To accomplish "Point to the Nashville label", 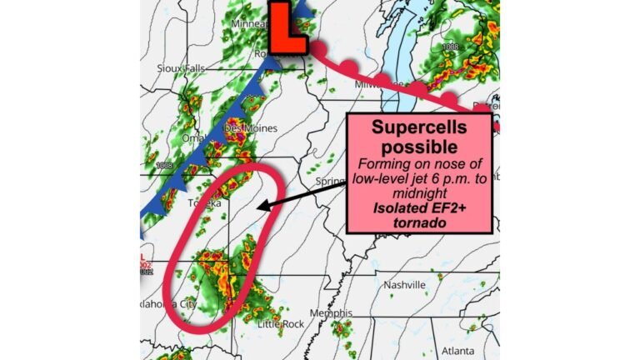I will click(404, 286).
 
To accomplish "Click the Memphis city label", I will click(329, 313).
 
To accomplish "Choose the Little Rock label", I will click(277, 323).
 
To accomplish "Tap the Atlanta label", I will click(457, 350).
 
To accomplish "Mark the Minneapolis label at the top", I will click(251, 24).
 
